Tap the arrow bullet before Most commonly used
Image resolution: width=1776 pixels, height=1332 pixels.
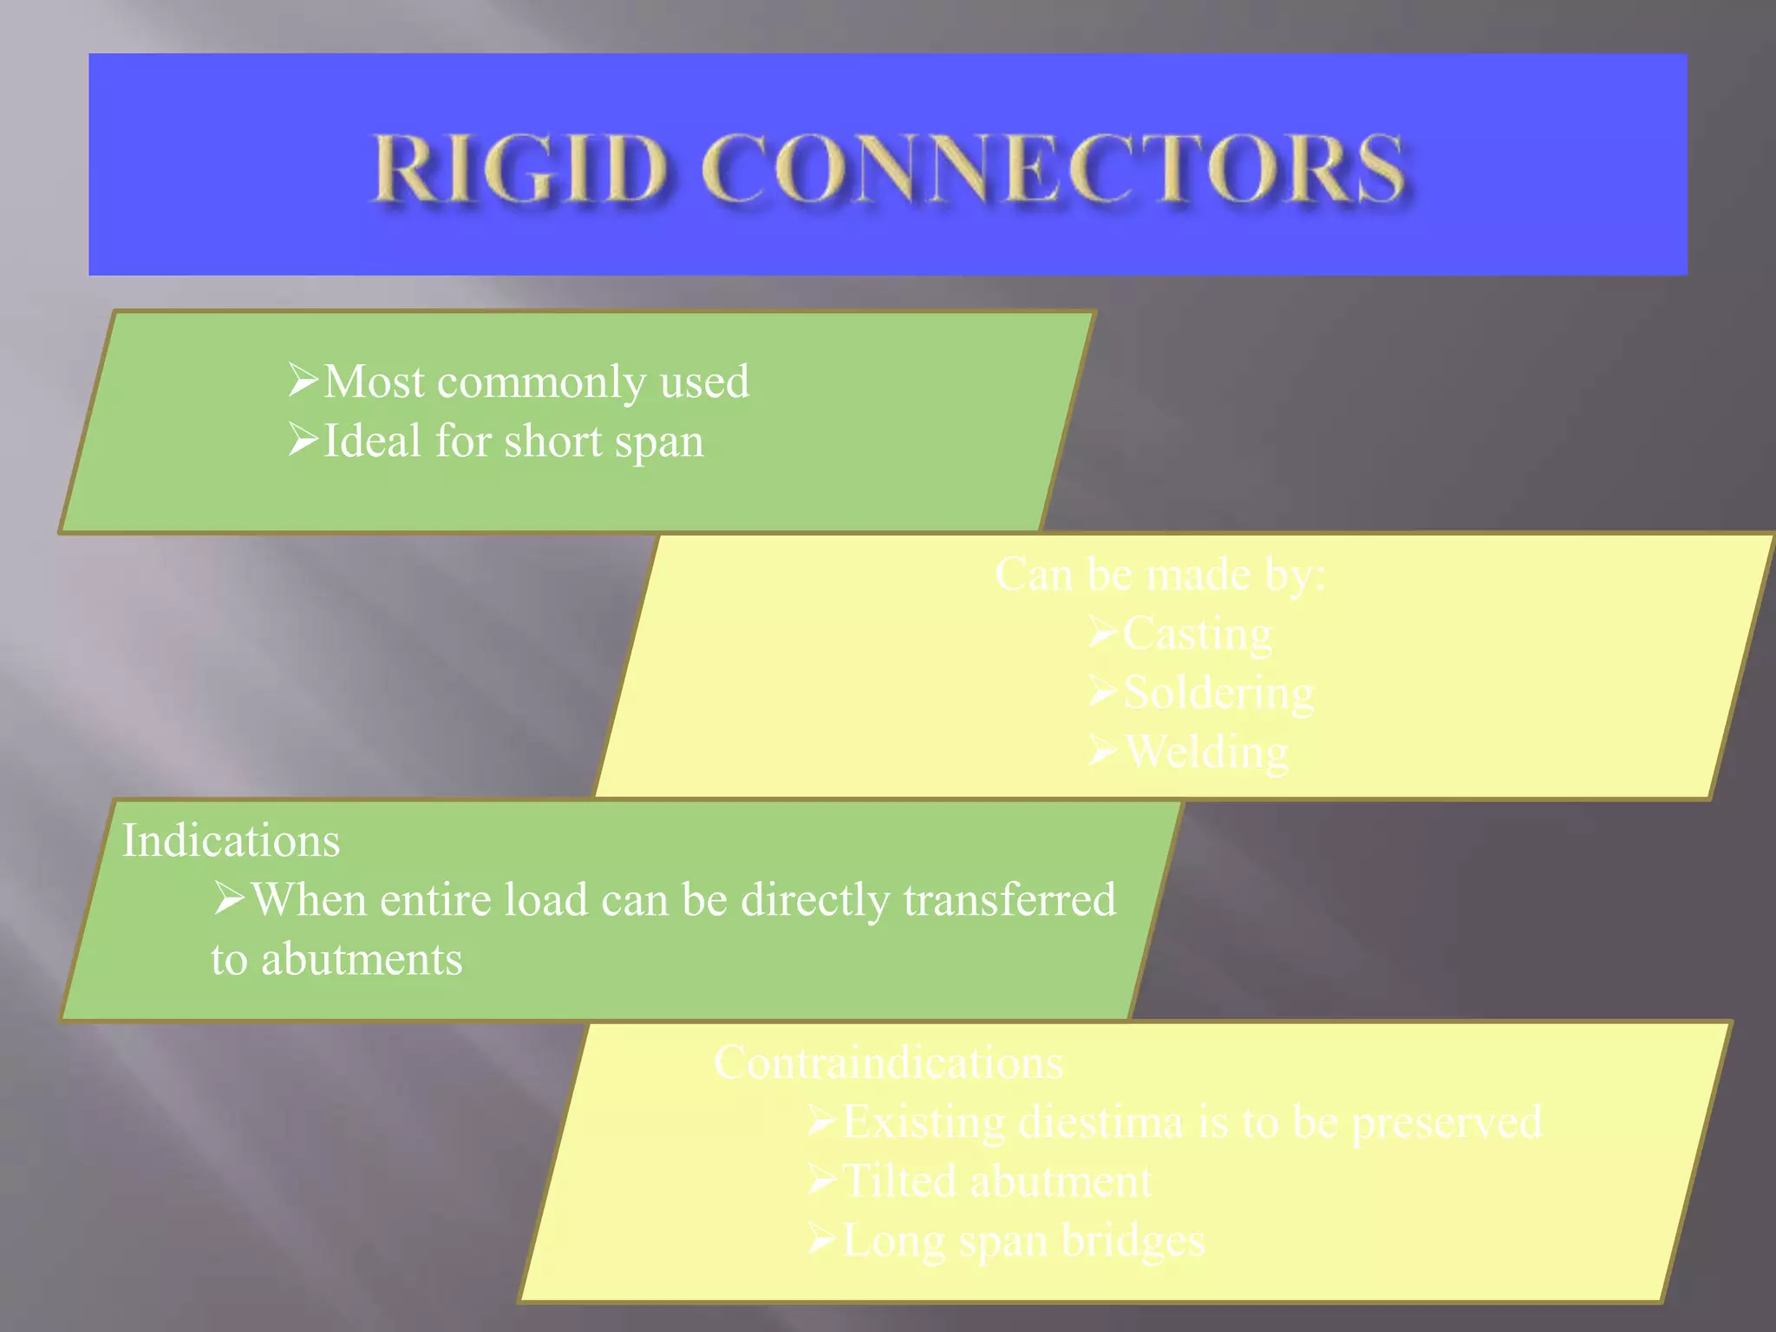click(x=304, y=380)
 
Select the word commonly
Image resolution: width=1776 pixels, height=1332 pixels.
click(x=542, y=382)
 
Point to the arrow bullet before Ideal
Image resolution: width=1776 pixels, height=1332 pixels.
click(x=304, y=440)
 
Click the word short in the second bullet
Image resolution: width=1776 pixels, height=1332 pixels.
click(x=552, y=441)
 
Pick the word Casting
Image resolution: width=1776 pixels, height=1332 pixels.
click(x=1198, y=634)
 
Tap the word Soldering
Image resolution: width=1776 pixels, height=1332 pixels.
click(x=1218, y=693)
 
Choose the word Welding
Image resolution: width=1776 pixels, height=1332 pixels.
click(x=1206, y=752)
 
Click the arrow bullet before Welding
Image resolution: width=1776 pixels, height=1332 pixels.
click(x=1103, y=751)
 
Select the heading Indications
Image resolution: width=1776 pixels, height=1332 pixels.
click(x=231, y=840)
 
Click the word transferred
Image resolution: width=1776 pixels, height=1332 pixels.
click(x=1009, y=899)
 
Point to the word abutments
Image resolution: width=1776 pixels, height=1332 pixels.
click(x=362, y=959)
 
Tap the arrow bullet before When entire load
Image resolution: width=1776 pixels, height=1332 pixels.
click(x=230, y=898)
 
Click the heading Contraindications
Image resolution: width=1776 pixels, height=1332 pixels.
click(x=888, y=1062)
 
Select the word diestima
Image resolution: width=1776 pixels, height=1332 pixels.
click(x=1100, y=1122)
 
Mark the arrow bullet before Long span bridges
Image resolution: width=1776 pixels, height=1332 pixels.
click(x=821, y=1238)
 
